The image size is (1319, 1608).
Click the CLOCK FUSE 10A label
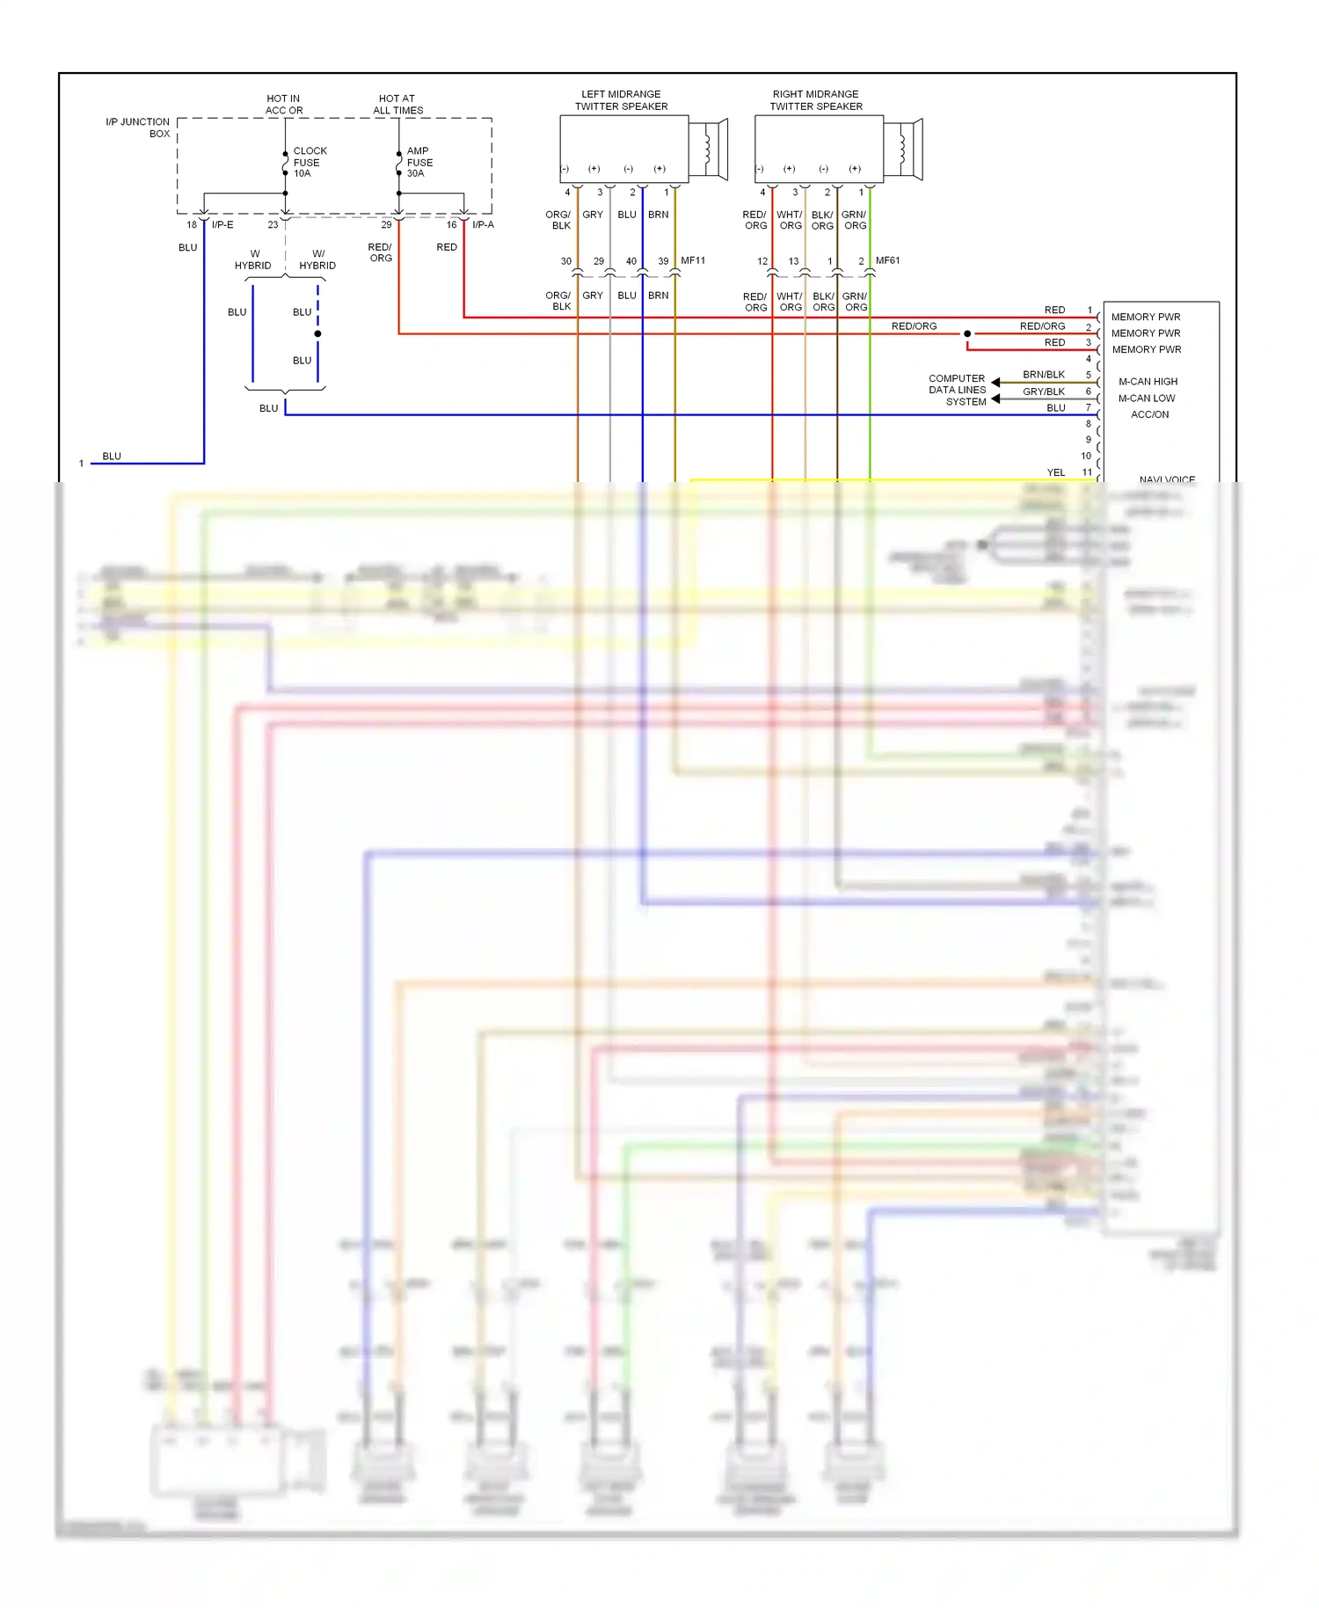[309, 162]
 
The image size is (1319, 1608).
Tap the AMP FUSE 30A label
[419, 162]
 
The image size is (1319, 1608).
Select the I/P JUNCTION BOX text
[138, 128]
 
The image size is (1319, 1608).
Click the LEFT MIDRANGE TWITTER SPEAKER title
[621, 100]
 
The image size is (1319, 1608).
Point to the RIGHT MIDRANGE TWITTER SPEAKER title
[816, 100]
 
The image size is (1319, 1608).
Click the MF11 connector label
[693, 260]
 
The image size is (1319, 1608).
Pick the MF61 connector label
[887, 260]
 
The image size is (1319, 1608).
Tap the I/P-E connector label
[222, 225]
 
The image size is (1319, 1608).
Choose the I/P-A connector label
[483, 225]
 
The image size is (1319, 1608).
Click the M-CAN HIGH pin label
[1148, 382]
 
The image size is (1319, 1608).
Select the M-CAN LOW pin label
[1147, 398]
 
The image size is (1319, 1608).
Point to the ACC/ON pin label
[1149, 414]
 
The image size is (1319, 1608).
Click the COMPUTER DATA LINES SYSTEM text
[958, 390]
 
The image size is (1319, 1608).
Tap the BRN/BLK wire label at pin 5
[1043, 375]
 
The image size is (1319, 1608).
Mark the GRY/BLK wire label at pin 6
[1043, 391]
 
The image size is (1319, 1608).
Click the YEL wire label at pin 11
[1055, 472]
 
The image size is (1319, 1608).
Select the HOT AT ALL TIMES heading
[397, 105]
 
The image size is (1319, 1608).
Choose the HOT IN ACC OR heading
[283, 105]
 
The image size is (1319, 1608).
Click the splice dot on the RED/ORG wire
[967, 333]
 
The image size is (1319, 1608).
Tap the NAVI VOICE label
[1167, 479]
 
